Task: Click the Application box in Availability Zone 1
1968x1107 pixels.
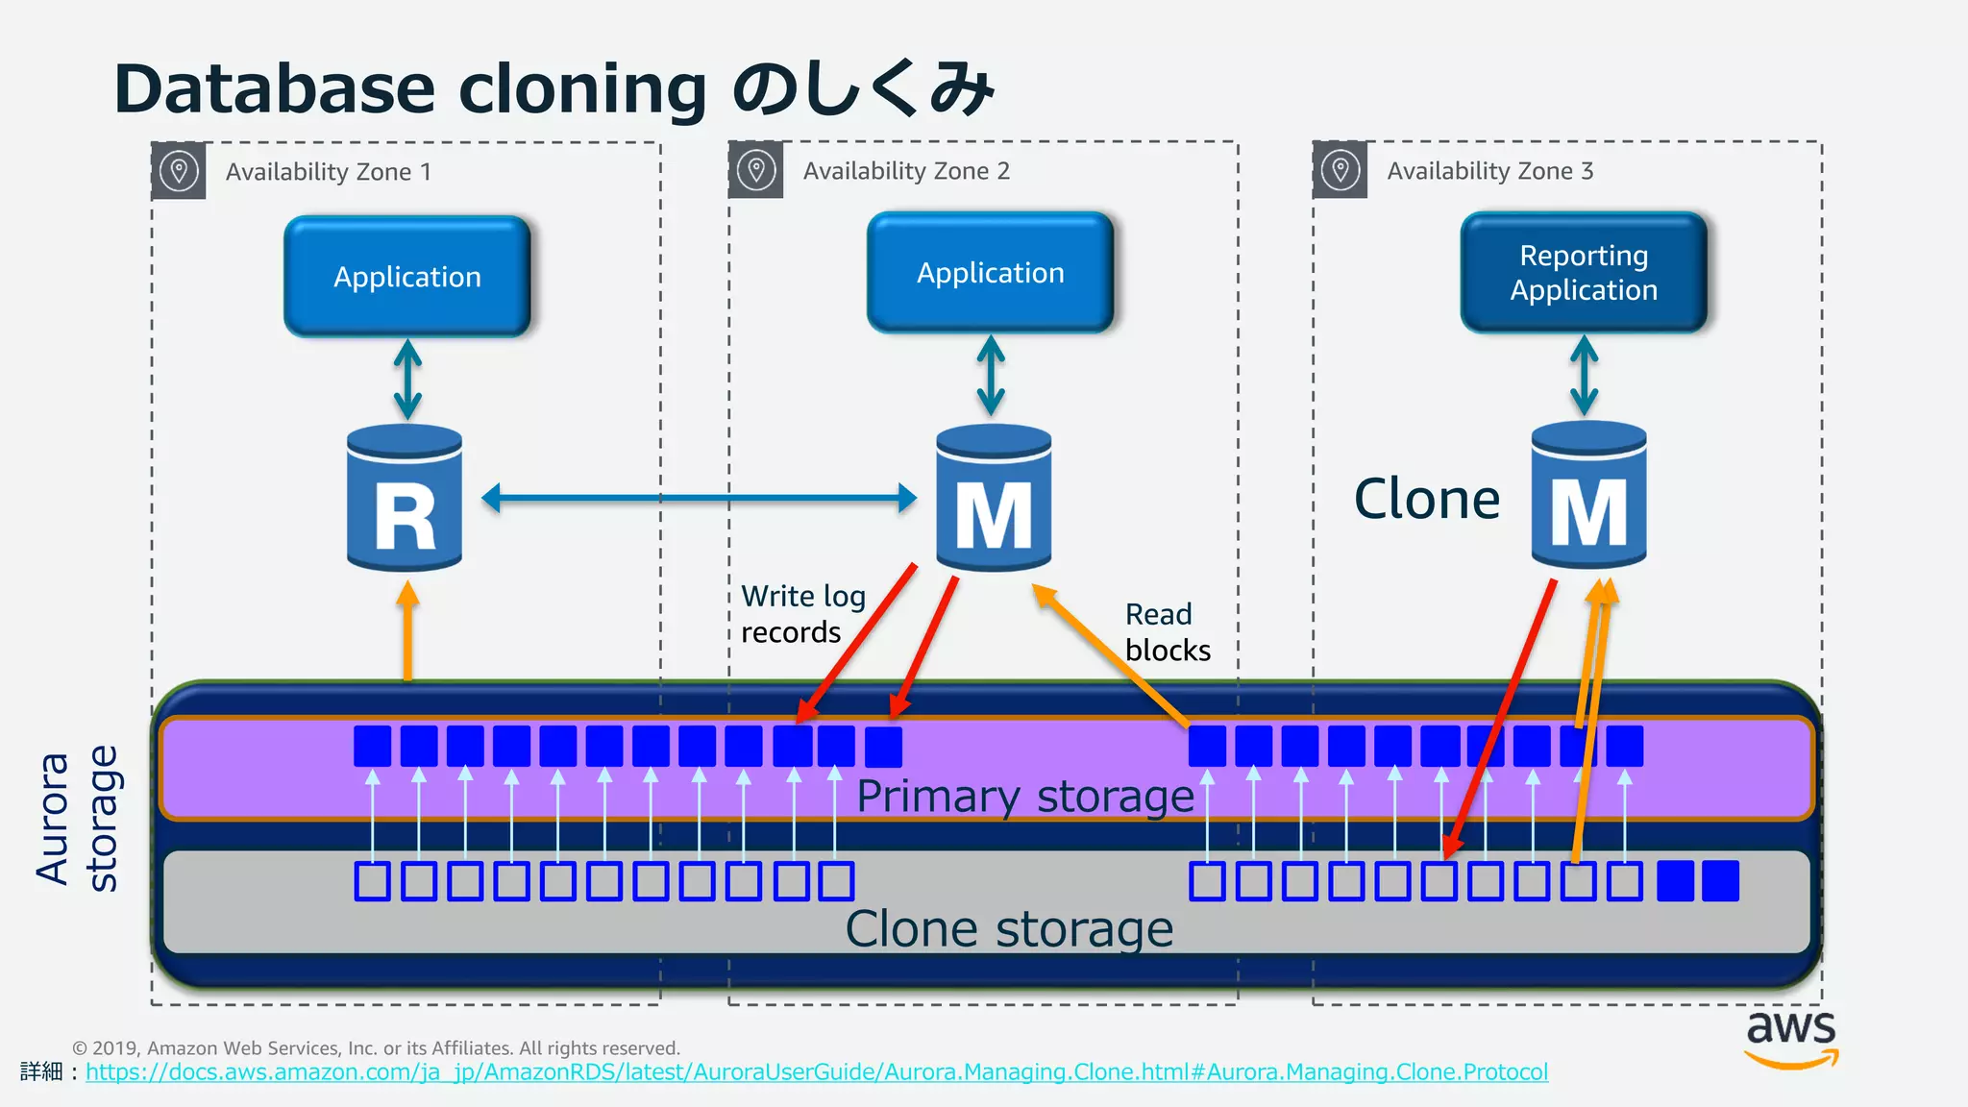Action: click(x=406, y=277)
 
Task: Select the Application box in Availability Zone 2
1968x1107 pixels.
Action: click(x=990, y=273)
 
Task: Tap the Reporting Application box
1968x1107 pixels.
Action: click(x=1583, y=273)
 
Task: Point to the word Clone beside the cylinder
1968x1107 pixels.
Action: click(x=1426, y=500)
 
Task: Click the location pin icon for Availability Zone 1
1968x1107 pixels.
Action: click(x=179, y=172)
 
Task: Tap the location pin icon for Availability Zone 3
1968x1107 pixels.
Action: click(x=1340, y=171)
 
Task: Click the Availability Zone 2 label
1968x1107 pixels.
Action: click(x=906, y=171)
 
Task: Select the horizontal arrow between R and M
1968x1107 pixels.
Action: click(x=699, y=498)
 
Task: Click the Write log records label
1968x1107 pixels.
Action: click(x=802, y=614)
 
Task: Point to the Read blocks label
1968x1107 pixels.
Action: click(x=1167, y=632)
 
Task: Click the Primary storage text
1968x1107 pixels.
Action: click(x=1024, y=797)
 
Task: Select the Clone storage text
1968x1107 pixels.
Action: click(x=1009, y=929)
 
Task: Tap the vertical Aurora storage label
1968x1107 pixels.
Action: click(x=77, y=819)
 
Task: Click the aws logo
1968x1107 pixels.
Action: click(x=1790, y=1038)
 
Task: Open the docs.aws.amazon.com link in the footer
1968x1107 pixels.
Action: click(x=816, y=1072)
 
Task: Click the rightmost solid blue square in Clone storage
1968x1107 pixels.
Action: click(x=1720, y=881)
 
